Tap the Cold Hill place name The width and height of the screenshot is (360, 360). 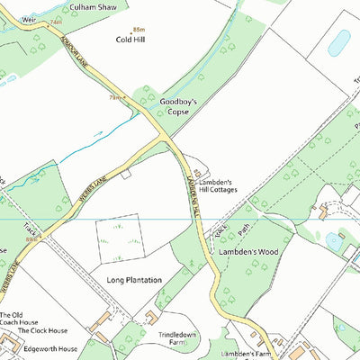130,40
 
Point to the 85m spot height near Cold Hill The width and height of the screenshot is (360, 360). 138,30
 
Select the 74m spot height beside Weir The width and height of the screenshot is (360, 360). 56,20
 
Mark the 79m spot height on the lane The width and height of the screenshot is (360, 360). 114,96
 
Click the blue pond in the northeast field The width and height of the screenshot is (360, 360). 339,42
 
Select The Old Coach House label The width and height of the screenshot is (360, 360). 18,318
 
